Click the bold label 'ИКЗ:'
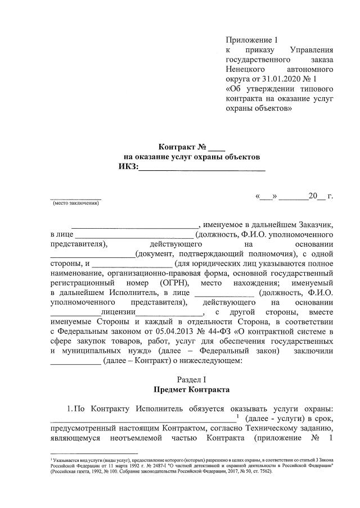pyautogui.click(x=128, y=167)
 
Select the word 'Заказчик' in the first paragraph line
pyautogui.click(x=316, y=223)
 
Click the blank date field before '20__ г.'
pyautogui.click(x=293, y=197)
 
